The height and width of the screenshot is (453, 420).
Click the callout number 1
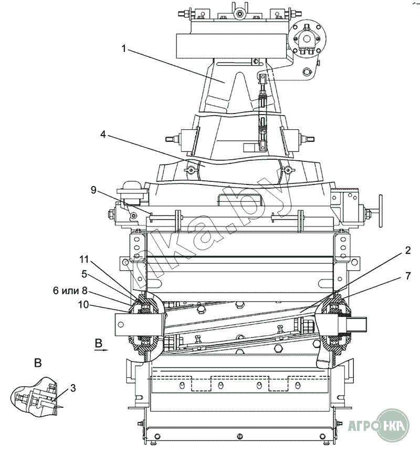pyautogui.click(x=124, y=48)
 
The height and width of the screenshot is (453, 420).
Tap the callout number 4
pyautogui.click(x=103, y=134)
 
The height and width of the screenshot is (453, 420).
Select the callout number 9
pyautogui.click(x=93, y=190)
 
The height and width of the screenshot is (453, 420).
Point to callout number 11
pyautogui.click(x=84, y=260)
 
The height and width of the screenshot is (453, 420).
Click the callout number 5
pyautogui.click(x=84, y=274)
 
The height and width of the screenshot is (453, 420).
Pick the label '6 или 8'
pyautogui.click(x=70, y=290)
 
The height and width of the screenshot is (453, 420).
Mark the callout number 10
pyautogui.click(x=83, y=304)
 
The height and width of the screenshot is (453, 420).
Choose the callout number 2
pyautogui.click(x=407, y=250)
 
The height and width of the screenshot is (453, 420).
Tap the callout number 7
pyautogui.click(x=407, y=276)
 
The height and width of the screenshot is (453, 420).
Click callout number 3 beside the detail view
pyautogui.click(x=73, y=388)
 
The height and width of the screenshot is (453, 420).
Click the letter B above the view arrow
pyautogui.click(x=99, y=343)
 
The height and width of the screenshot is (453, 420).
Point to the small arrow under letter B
pyautogui.click(x=101, y=350)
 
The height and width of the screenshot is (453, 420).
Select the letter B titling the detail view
pyautogui.click(x=38, y=363)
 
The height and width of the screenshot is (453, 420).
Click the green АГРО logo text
pyautogui.click(x=363, y=425)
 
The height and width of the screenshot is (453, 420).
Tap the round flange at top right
pyautogui.click(x=307, y=38)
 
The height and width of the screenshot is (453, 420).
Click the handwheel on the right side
pyautogui.click(x=381, y=211)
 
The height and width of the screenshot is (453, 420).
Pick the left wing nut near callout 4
pyautogui.click(x=190, y=170)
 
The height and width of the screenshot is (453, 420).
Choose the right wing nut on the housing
pyautogui.click(x=288, y=170)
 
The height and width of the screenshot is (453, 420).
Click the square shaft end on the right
pyautogui.click(x=358, y=324)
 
